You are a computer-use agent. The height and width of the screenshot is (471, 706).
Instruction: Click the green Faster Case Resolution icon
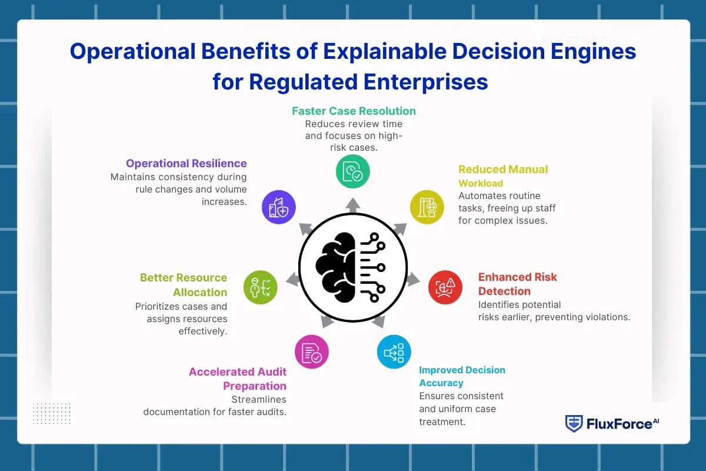coord(353,171)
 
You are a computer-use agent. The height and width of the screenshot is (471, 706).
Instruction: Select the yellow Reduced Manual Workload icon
coord(427,207)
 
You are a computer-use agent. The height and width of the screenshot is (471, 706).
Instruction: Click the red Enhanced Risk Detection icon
coord(445,287)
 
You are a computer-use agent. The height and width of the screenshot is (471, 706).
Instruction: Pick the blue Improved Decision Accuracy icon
coord(394,351)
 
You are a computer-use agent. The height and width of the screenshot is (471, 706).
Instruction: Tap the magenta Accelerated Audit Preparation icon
coord(311,351)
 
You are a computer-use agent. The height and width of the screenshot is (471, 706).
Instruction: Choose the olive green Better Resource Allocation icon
coord(260,287)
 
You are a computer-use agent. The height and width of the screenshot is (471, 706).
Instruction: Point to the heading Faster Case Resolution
coord(354,111)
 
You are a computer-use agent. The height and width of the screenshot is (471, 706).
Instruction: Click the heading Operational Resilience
coord(187,163)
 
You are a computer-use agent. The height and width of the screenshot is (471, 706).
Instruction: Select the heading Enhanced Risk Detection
coord(517,284)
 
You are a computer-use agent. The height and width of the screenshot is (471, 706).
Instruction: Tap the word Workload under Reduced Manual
coord(481,183)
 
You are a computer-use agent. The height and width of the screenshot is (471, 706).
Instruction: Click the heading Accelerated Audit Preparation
coord(238,379)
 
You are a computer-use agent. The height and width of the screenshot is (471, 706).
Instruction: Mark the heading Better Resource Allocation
coord(184,284)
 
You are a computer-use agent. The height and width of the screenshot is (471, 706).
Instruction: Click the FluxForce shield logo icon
coord(574,423)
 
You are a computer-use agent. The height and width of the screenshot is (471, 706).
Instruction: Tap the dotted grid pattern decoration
coord(52,413)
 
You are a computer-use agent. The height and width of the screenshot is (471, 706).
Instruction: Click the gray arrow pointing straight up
coord(353,204)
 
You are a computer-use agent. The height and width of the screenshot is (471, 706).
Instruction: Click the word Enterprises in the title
coord(427,81)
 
